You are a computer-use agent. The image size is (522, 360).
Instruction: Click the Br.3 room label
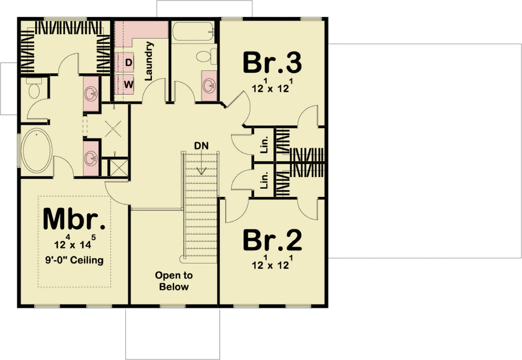pos(272,62)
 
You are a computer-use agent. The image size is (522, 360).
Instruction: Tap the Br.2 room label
pos(272,240)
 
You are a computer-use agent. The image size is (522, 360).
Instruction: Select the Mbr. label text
pos(74,219)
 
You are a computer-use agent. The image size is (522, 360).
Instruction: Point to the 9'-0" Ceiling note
pos(74,260)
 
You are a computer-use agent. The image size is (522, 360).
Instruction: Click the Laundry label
pos(149,61)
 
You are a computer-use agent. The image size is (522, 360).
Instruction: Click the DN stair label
pos(201,146)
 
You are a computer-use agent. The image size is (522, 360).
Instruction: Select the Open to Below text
pos(174,281)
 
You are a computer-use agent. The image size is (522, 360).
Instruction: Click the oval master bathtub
pos(37,150)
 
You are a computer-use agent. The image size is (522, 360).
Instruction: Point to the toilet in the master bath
pos(34,88)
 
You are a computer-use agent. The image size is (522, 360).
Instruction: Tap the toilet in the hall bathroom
pos(206,56)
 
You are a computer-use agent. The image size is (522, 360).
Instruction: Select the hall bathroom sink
pos(210,86)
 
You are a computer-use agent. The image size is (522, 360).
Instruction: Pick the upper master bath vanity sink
pos(91,94)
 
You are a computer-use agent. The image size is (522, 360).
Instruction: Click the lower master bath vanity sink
pos(91,158)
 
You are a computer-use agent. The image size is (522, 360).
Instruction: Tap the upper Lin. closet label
pos(265,144)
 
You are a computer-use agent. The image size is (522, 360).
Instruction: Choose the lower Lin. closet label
pos(265,180)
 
